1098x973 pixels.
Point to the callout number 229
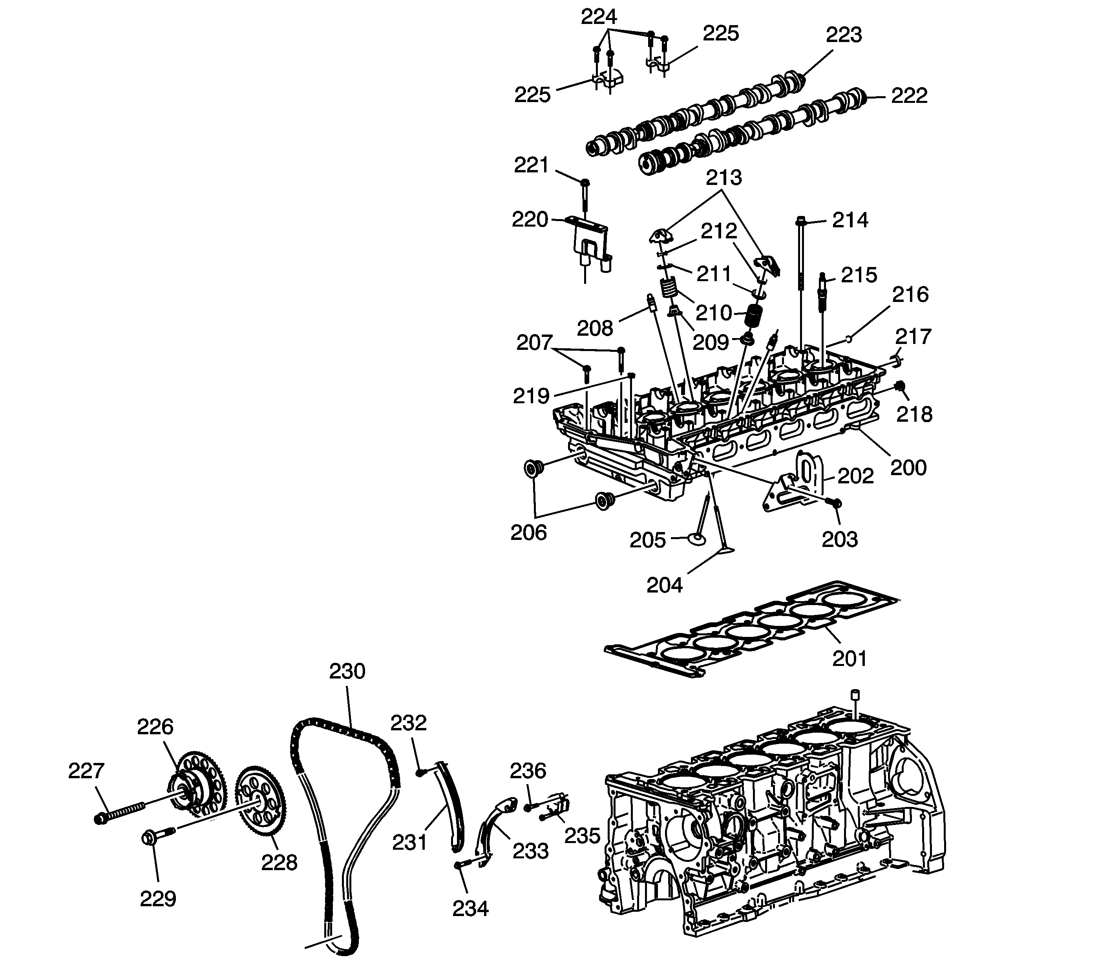pos(158,898)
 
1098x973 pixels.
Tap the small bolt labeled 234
pos(462,865)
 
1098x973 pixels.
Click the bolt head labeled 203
pos(835,503)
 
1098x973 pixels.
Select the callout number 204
pos(665,585)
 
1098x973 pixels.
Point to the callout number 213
pos(723,177)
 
